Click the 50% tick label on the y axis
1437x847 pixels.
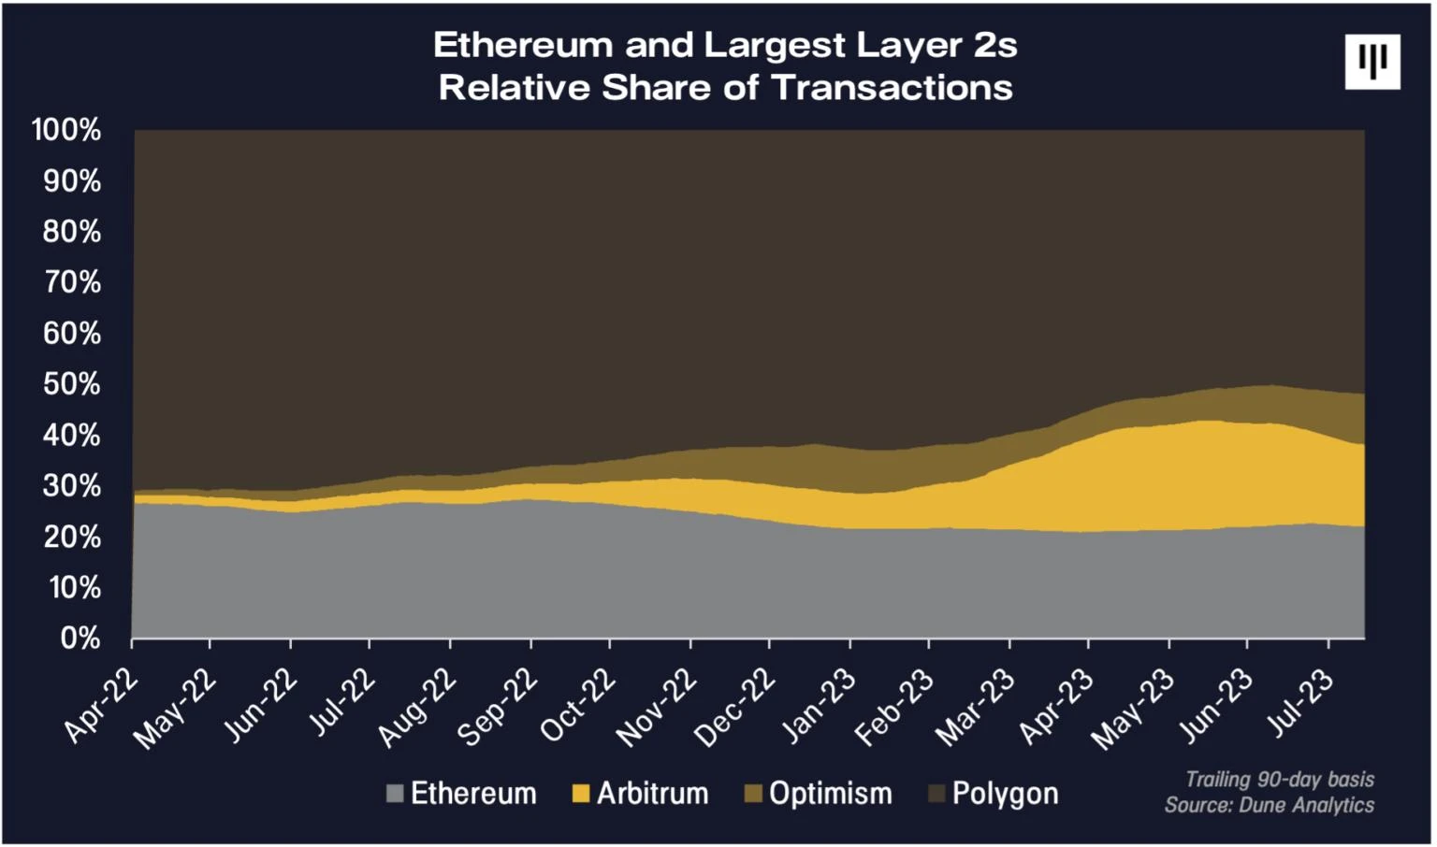click(x=71, y=384)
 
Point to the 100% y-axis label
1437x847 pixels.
click(x=65, y=130)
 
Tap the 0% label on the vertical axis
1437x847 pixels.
click(x=80, y=639)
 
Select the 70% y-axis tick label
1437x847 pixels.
click(x=71, y=282)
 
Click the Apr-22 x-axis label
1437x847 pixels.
click(x=101, y=707)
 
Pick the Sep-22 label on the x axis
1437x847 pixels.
click(x=497, y=708)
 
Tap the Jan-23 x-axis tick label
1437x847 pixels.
click(x=818, y=708)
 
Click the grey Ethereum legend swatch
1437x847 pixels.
click(x=395, y=794)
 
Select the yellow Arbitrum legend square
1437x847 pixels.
click(x=581, y=794)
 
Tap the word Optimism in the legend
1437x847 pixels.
click(x=831, y=794)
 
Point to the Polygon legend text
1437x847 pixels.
click(x=1005, y=794)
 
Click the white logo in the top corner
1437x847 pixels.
click(x=1372, y=62)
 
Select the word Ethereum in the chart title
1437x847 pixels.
click(x=524, y=45)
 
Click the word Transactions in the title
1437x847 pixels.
click(x=892, y=88)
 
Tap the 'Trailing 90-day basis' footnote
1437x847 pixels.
click(x=1280, y=779)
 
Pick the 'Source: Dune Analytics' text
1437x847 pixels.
click(x=1270, y=805)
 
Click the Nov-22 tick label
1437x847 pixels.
click(x=657, y=709)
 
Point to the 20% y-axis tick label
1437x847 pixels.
click(x=71, y=538)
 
